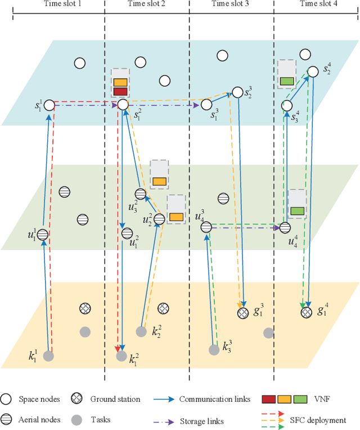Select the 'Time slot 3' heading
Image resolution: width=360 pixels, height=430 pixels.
pyautogui.click(x=230, y=4)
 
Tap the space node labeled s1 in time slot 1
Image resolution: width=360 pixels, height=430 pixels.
pyautogui.click(x=49, y=105)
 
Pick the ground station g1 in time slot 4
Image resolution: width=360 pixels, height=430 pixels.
pyautogui.click(x=305, y=311)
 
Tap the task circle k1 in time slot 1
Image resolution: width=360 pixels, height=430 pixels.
pyautogui.click(x=49, y=356)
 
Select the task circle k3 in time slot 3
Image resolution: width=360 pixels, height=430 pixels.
pyautogui.click(x=214, y=350)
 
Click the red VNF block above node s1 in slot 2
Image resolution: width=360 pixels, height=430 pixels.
pyautogui.click(x=120, y=91)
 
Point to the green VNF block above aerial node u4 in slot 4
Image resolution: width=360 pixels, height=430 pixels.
pyautogui.click(x=296, y=211)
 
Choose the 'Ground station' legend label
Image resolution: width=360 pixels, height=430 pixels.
pyautogui.click(x=115, y=399)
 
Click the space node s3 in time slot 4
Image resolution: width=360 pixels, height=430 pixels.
pyautogui.click(x=287, y=105)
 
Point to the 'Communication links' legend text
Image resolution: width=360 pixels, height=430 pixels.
pyautogui.click(x=215, y=399)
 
